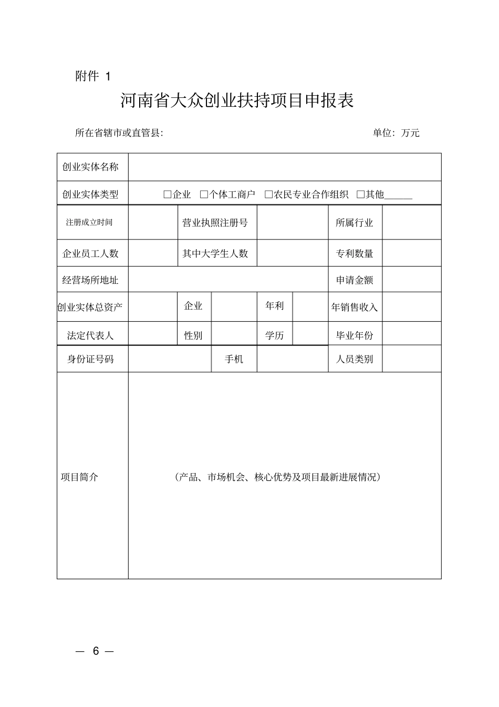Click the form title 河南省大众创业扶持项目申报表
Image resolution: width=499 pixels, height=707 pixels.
pos(237,100)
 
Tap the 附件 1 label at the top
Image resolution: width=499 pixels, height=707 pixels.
pos(93,76)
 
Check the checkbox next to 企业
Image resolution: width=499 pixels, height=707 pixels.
pos(168,194)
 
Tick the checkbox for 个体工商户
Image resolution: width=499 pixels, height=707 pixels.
pos(204,194)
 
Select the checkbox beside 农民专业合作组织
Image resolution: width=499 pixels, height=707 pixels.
pos(268,194)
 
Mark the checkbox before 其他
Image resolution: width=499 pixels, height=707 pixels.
pos(360,194)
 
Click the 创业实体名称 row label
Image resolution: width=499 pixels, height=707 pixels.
pos(90,167)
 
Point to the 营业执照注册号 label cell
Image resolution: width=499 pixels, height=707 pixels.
pos(215,223)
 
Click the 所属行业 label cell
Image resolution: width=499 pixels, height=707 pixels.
pos(355,223)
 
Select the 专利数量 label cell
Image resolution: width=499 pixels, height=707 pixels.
pos(355,254)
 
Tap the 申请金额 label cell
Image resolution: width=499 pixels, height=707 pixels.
pos(355,280)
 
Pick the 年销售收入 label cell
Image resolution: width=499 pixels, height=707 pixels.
pos(355,308)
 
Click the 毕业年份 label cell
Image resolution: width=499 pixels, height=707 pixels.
pos(355,335)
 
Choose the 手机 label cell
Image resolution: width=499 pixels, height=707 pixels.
pos(234,360)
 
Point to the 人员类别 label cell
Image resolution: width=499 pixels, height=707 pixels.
pos(355,360)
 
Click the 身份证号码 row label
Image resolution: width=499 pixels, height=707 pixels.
pos(90,360)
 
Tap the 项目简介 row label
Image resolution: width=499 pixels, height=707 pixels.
pos(79,477)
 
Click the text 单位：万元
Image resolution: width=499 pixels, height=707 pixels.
pos(396,133)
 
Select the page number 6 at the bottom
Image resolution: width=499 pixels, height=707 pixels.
pos(96,651)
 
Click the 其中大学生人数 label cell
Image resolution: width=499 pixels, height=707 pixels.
pos(215,254)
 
